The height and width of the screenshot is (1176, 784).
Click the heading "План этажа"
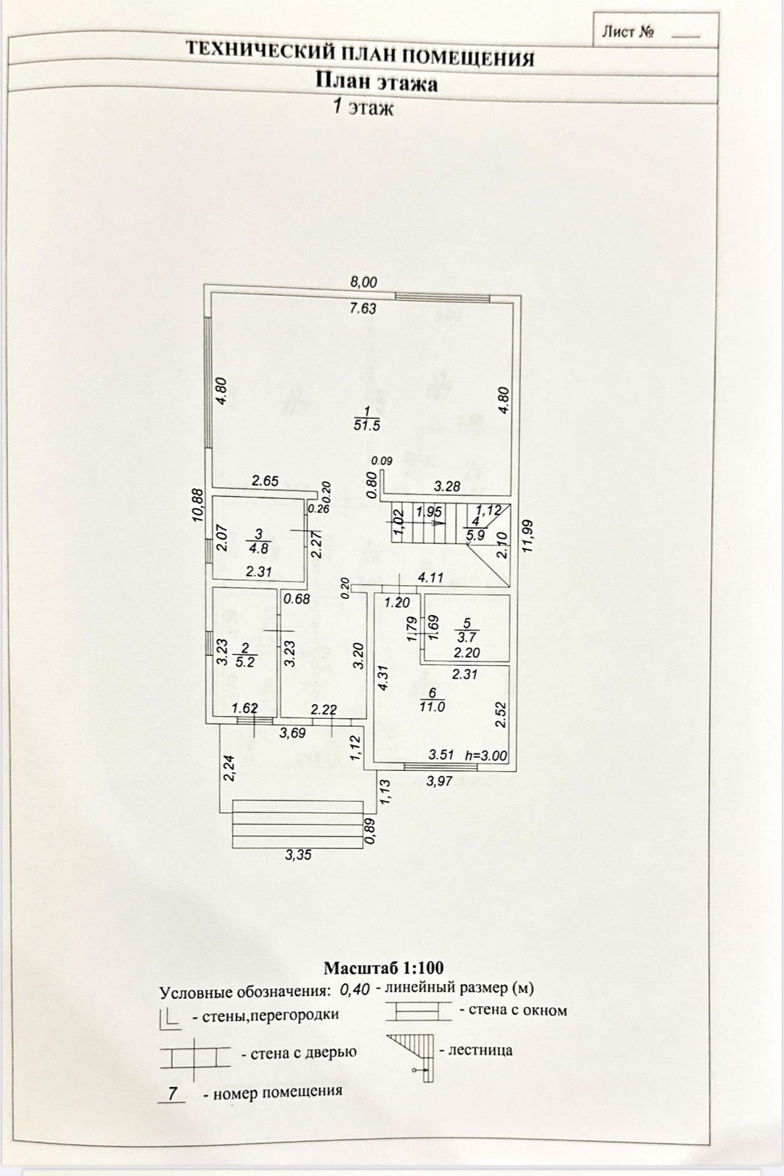[x=377, y=82]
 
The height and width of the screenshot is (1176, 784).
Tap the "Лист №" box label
[x=627, y=32]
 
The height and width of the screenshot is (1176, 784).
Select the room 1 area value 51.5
[x=366, y=425]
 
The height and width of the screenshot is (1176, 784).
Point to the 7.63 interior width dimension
[x=363, y=309]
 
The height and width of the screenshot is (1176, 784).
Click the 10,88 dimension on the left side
[x=197, y=505]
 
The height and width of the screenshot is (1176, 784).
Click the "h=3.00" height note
[x=486, y=754]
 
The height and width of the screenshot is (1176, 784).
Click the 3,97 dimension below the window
[x=440, y=781]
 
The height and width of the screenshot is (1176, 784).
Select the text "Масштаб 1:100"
[x=384, y=967]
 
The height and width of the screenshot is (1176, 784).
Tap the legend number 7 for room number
[x=172, y=1093]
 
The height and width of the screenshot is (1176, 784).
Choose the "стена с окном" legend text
[x=513, y=1011]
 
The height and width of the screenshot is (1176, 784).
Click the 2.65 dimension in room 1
[x=265, y=481]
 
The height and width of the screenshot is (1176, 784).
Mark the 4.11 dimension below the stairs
[x=432, y=578]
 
